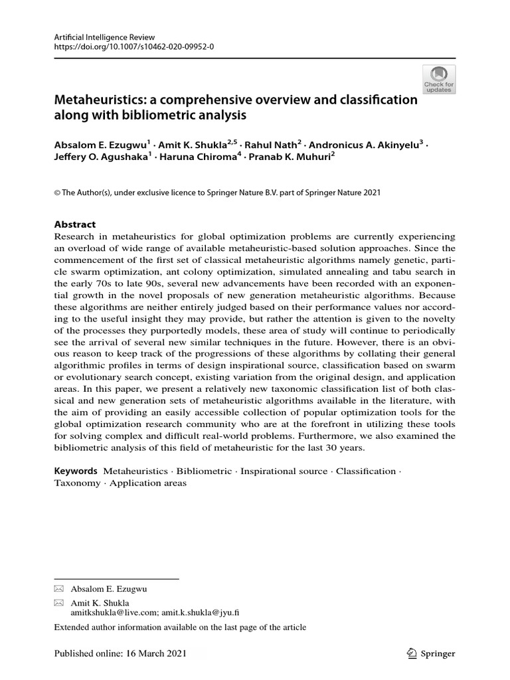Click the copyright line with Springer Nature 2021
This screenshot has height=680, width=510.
[217, 193]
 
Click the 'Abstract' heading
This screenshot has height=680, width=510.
[75, 224]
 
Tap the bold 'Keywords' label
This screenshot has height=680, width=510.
[76, 471]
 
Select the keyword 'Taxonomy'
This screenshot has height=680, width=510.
[78, 483]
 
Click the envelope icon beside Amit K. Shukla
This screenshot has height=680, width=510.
[58, 602]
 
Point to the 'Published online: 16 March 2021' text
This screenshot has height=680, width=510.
[120, 654]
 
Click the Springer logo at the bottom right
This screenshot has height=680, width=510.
[430, 654]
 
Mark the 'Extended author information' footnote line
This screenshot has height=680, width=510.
[180, 628]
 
